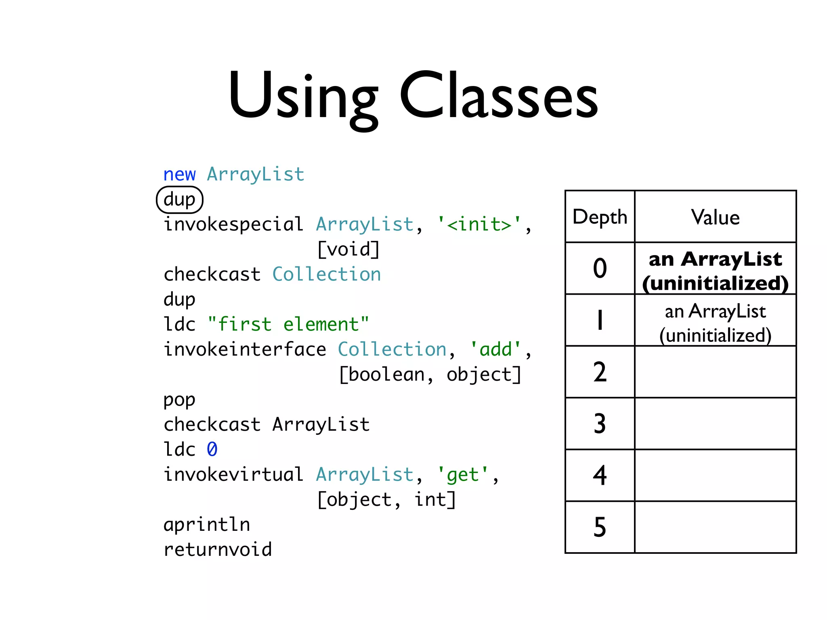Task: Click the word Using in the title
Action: pyautogui.click(x=303, y=97)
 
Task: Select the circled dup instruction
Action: pyautogui.click(x=180, y=199)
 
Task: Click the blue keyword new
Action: pyautogui.click(x=179, y=174)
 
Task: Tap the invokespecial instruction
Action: pyautogui.click(x=233, y=224)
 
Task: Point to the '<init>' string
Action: pyautogui.click(x=479, y=224)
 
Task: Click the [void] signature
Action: pyautogui.click(x=348, y=249)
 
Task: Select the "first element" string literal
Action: pyautogui.click(x=288, y=325)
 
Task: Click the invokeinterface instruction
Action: pyautogui.click(x=245, y=350)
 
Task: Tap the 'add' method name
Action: pyautogui.click(x=495, y=350)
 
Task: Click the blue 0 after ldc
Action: pyautogui.click(x=212, y=450)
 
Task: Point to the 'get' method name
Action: pyautogui.click(x=463, y=475)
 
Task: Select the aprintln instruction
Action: pyautogui.click(x=207, y=525)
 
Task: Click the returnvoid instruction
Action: pyautogui.click(x=218, y=550)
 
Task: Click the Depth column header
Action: pyautogui.click(x=600, y=217)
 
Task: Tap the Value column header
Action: pyautogui.click(x=715, y=217)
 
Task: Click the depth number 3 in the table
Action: pyautogui.click(x=600, y=424)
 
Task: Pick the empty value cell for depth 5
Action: pyautogui.click(x=715, y=527)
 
